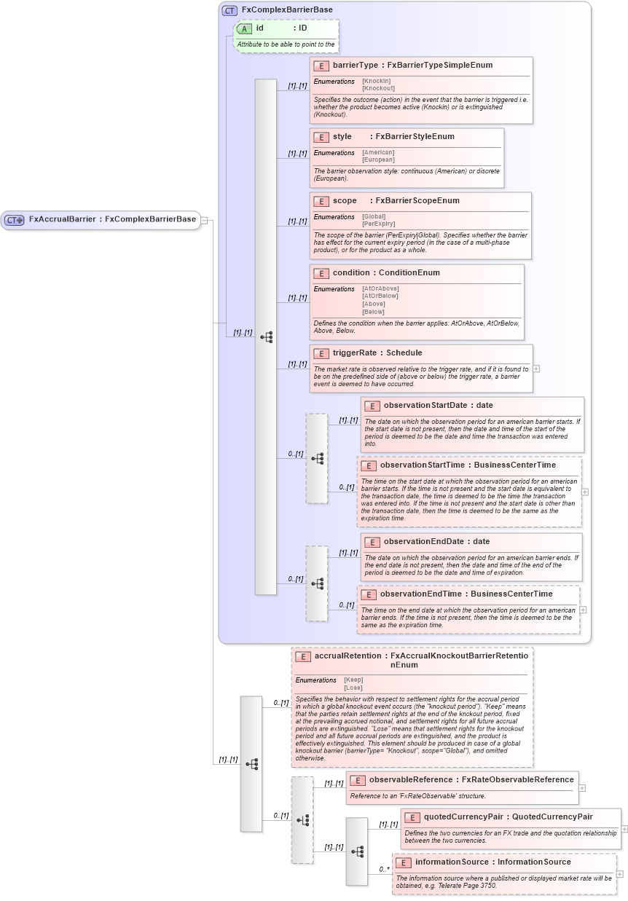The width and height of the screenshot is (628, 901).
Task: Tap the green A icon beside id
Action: pyautogui.click(x=244, y=28)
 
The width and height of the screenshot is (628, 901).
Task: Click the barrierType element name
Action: pyautogui.click(x=356, y=66)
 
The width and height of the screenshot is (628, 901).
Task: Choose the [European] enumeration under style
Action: pyautogui.click(x=378, y=160)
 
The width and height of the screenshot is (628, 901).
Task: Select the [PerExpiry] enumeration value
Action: pyautogui.click(x=378, y=224)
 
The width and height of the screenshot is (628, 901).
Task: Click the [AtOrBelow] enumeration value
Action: pyautogui.click(x=380, y=296)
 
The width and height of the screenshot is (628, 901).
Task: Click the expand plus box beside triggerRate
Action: pyautogui.click(x=536, y=369)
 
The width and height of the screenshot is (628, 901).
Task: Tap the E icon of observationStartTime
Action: pyautogui.click(x=368, y=465)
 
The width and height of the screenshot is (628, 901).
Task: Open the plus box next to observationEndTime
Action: pyautogui.click(x=583, y=610)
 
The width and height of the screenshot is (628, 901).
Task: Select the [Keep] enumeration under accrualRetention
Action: pyautogui.click(x=353, y=680)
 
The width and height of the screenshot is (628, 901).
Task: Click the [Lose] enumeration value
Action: pyautogui.click(x=353, y=688)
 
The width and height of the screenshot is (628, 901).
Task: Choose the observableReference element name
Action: pyautogui.click(x=413, y=780)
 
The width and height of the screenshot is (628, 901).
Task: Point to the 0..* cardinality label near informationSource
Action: pyautogui.click(x=384, y=870)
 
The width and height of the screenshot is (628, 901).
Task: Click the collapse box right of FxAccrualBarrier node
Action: pyautogui.click(x=205, y=219)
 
